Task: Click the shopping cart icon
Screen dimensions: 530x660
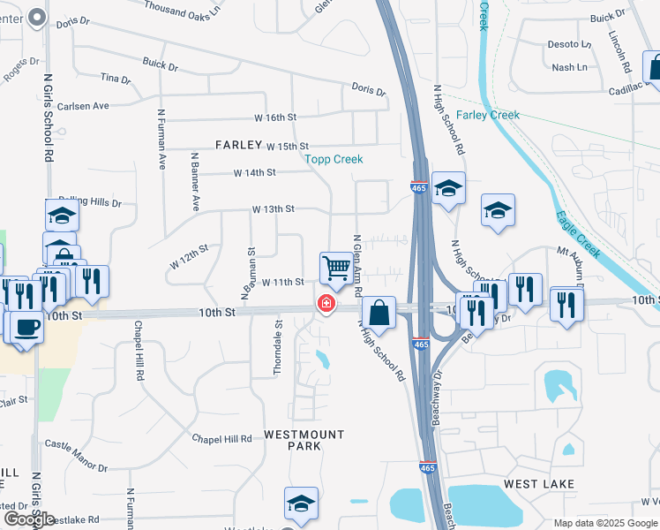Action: [336, 267]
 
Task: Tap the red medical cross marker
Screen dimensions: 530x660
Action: [326, 305]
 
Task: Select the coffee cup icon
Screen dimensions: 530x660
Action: [26, 326]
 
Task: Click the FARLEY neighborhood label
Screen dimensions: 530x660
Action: [238, 144]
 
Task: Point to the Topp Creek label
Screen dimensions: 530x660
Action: [334, 159]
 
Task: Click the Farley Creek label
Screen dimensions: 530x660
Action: [488, 115]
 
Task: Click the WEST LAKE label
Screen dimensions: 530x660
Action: [538, 484]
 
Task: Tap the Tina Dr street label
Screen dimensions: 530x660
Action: [116, 79]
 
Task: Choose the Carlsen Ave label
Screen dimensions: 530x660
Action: [83, 106]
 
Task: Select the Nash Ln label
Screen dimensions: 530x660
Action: [569, 67]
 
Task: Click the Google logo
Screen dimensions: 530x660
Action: [29, 519]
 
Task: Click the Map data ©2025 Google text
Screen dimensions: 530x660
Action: [604, 523]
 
